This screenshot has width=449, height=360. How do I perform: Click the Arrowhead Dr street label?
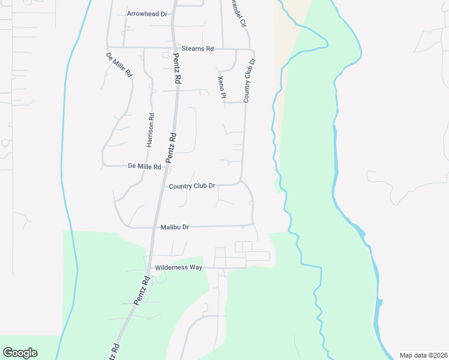coord(146,14)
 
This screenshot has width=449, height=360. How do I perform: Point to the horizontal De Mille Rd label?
coord(145,166)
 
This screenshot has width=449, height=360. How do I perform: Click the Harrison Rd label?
coord(151,130)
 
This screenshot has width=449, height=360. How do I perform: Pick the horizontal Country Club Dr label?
coord(192,186)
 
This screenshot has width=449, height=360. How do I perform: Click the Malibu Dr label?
coord(175,227)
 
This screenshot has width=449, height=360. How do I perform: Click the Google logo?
coord(20,353)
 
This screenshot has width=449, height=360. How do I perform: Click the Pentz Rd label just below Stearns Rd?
coord(176,68)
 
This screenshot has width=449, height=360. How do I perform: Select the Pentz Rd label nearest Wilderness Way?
coord(142,290)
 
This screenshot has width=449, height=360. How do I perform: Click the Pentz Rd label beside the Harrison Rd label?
coord(170,148)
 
